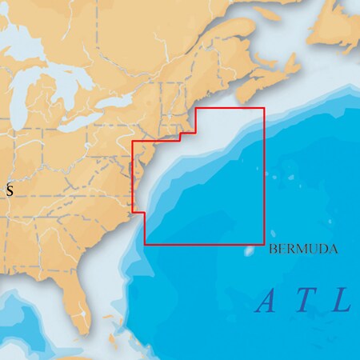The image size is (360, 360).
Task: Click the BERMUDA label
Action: click(x=304, y=250)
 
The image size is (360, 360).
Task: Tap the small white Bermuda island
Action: click(x=248, y=250)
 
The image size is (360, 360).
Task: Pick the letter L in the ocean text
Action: click(x=342, y=302)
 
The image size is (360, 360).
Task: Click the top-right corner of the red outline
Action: click(x=263, y=109)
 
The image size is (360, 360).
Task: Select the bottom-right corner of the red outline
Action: click(x=263, y=243)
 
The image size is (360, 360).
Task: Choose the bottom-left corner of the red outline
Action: click(x=145, y=243)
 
